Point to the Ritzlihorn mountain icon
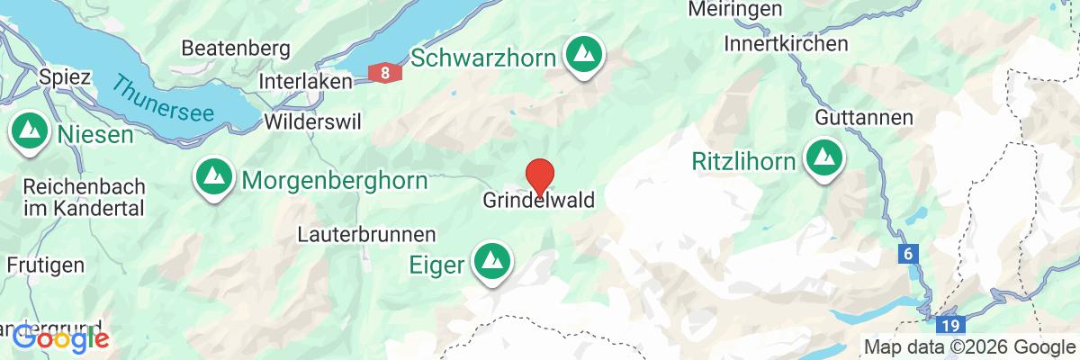click(823, 159)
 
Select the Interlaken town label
click(304, 80)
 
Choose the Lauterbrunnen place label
click(367, 233)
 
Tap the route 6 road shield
click(908, 255)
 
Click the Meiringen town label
click(734, 10)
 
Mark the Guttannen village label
click(864, 118)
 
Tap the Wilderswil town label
click(308, 121)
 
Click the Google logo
click(61, 339)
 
